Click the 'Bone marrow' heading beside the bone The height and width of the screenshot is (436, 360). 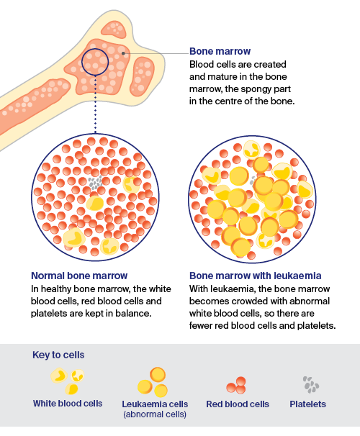point(220,51)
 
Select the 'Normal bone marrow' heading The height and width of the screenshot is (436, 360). point(79,276)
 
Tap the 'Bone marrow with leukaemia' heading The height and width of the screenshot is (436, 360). point(256,276)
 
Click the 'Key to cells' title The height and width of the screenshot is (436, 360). point(58,355)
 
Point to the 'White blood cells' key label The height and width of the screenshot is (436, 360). point(68,404)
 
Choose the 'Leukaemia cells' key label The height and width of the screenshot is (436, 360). point(155,404)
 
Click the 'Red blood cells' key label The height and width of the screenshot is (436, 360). point(238,404)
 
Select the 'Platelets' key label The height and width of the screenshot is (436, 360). point(307,404)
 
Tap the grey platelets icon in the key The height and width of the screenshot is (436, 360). point(311,385)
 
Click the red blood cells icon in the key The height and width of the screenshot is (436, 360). point(236,386)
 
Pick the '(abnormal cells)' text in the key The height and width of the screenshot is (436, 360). point(155,414)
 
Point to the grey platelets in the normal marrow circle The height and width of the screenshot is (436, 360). point(95,183)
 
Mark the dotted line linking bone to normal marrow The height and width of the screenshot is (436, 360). point(96,104)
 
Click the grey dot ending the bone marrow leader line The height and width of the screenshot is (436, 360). point(123,53)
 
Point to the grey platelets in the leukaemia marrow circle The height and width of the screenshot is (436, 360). point(253,181)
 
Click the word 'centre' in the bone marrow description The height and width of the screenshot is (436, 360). point(226,101)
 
